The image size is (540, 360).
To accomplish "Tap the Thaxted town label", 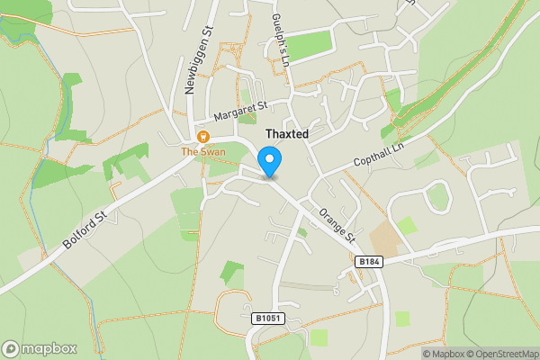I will [287, 134].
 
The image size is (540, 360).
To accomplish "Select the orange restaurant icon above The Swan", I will [203, 137].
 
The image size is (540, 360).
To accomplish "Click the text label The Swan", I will [203, 151].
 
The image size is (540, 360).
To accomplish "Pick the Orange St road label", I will [338, 225].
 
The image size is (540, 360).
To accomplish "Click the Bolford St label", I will [86, 230].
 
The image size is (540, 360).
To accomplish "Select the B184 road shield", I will [363, 261].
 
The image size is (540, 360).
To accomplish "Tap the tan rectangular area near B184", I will [385, 237].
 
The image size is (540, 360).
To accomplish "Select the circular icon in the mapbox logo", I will [11, 348].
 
